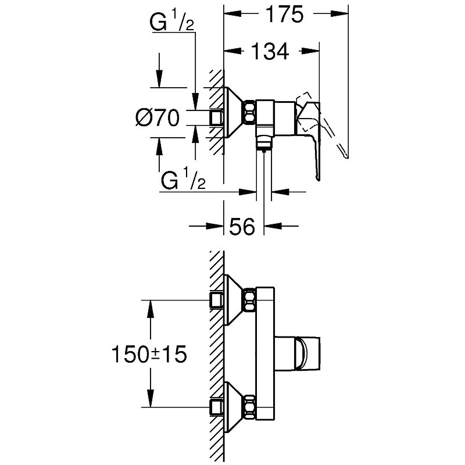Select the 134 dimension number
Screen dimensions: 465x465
click(x=270, y=52)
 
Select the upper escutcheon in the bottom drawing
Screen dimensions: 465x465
click(x=234, y=299)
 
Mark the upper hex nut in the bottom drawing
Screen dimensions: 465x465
click(x=250, y=299)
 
